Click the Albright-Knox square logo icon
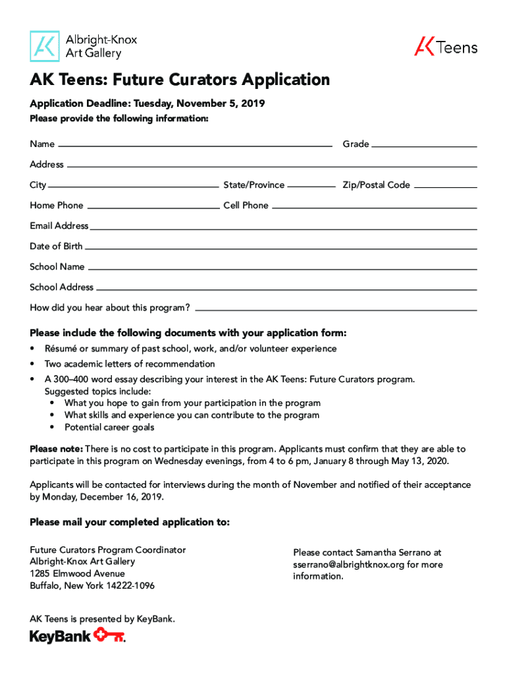pos(45,45)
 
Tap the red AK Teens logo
pos(446,47)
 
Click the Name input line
pos(195,144)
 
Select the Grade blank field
pos(424,145)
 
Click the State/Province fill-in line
pos(311,187)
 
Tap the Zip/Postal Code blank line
pos(446,187)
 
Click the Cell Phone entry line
pos(374,207)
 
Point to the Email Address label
pos(59,225)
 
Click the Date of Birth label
pos(56,246)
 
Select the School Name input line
pos(282,269)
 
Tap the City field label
pos(38,185)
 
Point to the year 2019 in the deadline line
pos(252,104)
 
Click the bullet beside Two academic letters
pos(32,364)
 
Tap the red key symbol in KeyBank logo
pos(109,635)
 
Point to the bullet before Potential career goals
pos(53,427)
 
